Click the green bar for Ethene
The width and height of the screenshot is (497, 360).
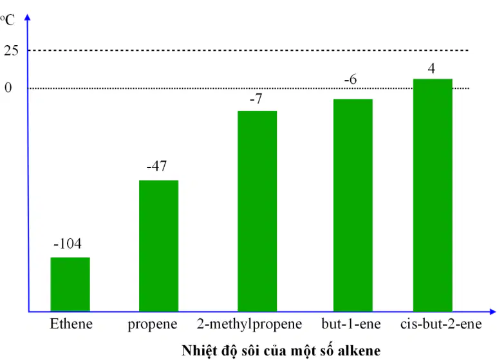[x=70, y=284]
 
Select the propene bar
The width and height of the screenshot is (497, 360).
[x=158, y=246]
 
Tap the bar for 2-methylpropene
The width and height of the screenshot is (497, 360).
[x=258, y=211]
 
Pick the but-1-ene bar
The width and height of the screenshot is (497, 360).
[x=353, y=205]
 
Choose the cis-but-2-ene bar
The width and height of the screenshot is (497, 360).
[x=433, y=195]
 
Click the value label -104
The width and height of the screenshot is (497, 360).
[x=68, y=243]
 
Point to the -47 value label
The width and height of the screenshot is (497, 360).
[x=156, y=166]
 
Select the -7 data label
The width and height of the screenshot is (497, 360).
[x=256, y=99]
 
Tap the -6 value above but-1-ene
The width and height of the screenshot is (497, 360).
[x=351, y=79]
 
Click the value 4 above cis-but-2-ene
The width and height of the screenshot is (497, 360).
[x=431, y=68]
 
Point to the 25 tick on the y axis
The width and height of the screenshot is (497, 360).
[x=11, y=51]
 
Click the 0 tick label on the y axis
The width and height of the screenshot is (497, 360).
[x=8, y=88]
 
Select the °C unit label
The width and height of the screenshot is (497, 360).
[x=7, y=20]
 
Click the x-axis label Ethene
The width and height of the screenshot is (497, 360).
[x=71, y=324]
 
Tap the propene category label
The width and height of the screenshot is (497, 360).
[x=153, y=325]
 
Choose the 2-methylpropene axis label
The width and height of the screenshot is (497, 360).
[x=249, y=325]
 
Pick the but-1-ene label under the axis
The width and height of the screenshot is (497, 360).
[x=351, y=324]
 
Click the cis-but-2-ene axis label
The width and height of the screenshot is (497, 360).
[x=441, y=324]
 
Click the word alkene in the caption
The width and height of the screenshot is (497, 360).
[x=359, y=350]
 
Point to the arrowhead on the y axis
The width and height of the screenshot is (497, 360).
[x=28, y=17]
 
